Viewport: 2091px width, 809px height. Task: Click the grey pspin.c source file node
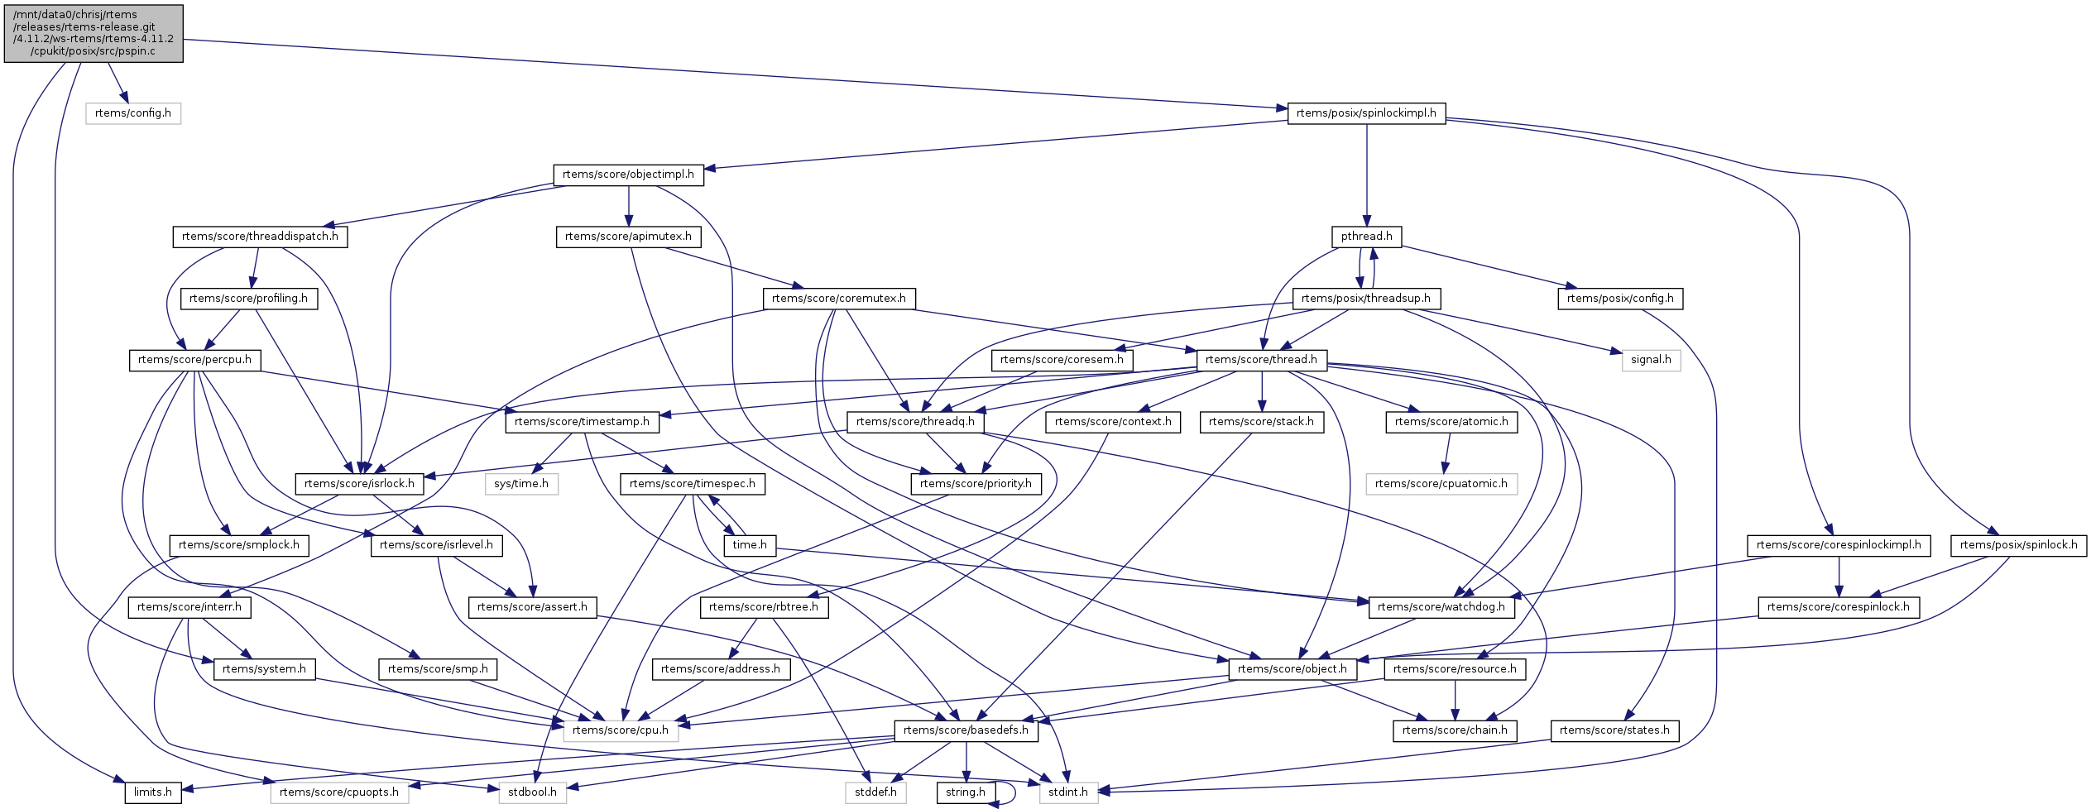(x=94, y=33)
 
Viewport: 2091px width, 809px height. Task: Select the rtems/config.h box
(x=133, y=113)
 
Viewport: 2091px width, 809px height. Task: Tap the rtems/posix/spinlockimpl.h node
(x=1366, y=113)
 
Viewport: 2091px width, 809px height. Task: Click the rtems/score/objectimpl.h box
(x=628, y=175)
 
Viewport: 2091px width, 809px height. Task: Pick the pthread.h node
(x=1366, y=237)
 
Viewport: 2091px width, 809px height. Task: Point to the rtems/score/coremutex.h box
(x=838, y=299)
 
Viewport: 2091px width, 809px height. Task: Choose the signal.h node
(x=1651, y=360)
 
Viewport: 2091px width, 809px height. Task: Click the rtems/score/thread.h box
(x=1261, y=360)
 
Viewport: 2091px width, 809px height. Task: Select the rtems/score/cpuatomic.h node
(x=1441, y=484)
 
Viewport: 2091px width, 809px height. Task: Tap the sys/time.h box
(x=521, y=484)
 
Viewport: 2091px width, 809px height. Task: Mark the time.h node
(x=750, y=545)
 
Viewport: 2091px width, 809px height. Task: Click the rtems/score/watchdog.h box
(x=1441, y=607)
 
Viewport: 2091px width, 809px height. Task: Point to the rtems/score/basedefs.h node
(x=966, y=730)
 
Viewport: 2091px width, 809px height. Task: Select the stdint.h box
(x=1068, y=792)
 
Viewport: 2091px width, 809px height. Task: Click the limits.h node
(x=153, y=792)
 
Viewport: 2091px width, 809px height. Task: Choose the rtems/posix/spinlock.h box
(x=2018, y=545)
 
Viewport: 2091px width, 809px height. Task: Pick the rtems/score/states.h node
(x=1614, y=730)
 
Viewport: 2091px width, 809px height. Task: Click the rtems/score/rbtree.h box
(x=763, y=607)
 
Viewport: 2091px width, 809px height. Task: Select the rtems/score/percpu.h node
(x=194, y=360)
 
